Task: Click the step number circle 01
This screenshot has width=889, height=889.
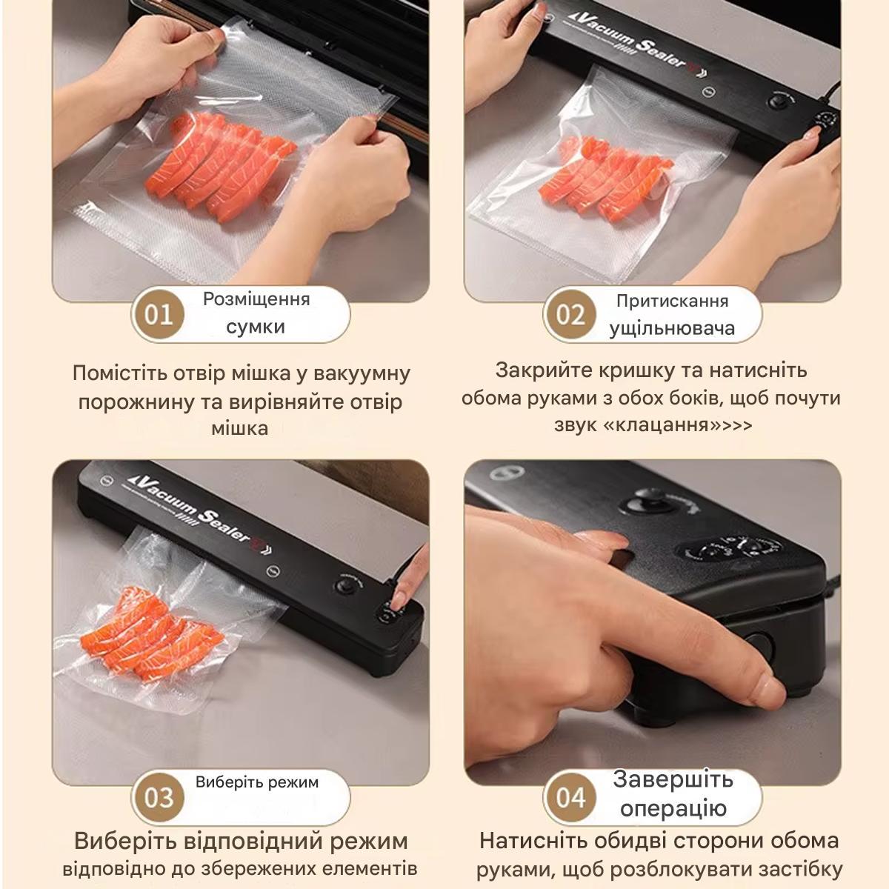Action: click(159, 314)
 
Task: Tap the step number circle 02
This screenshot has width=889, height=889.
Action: click(570, 314)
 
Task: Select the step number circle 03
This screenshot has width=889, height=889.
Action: click(159, 797)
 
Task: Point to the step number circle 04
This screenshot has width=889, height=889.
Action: click(570, 797)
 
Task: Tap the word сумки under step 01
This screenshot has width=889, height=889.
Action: click(256, 327)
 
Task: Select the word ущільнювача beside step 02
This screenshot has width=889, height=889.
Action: click(672, 328)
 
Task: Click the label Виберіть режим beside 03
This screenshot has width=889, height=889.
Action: click(257, 782)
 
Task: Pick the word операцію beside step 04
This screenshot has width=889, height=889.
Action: click(673, 808)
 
